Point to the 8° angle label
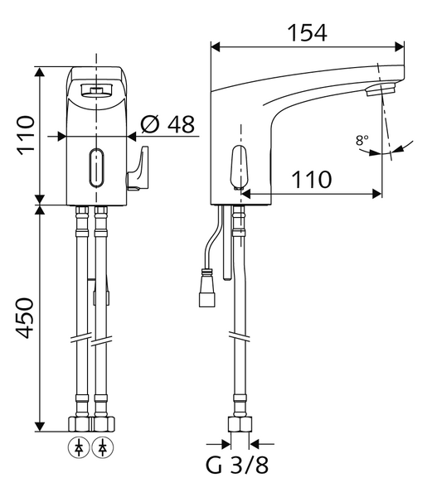click(x=362, y=140)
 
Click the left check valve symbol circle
click(x=79, y=448)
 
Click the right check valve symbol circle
click(x=102, y=448)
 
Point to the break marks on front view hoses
click(x=90, y=340)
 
